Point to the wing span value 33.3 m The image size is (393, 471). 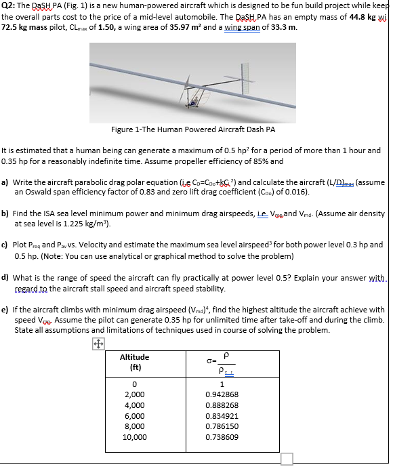pyautogui.click(x=280, y=28)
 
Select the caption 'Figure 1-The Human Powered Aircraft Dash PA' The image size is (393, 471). pyautogui.click(x=193, y=129)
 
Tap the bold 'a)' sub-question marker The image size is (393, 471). pyautogui.click(x=5, y=182)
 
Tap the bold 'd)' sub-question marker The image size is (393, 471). pyautogui.click(x=5, y=277)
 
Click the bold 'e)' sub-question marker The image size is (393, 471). pyautogui.click(x=5, y=309)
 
